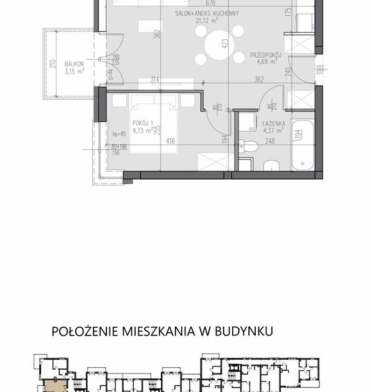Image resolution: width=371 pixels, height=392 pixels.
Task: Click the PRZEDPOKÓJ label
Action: click(x=266, y=54)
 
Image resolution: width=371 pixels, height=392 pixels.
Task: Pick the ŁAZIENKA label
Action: click(x=274, y=124)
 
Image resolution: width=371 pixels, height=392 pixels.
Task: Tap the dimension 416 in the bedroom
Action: click(x=170, y=142)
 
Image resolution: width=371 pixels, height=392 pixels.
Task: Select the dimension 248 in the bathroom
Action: click(x=270, y=142)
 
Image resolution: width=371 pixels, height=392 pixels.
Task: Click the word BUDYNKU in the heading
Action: click(x=242, y=332)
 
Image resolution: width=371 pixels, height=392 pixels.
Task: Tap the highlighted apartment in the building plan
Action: click(x=54, y=386)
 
